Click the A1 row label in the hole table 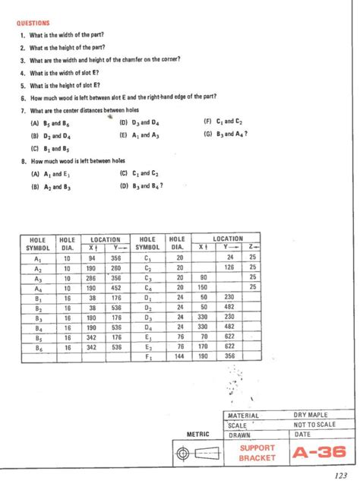(x=37, y=258)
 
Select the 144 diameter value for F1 (x=180, y=356)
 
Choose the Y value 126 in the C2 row (x=229, y=267)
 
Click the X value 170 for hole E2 (x=203, y=346)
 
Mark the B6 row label (x=37, y=346)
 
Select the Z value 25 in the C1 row (x=254, y=258)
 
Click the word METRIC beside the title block (x=199, y=435)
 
